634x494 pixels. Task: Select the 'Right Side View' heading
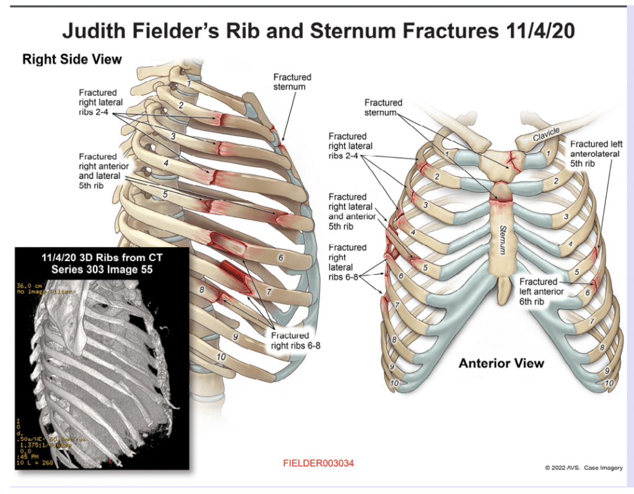tap(72, 59)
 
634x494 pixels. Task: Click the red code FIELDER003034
tap(318, 463)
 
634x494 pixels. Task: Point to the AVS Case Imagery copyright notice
tap(583, 467)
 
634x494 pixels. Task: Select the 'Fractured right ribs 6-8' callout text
tap(295, 340)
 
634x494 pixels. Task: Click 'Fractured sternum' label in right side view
tap(292, 82)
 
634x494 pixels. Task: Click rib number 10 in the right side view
tap(219, 357)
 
